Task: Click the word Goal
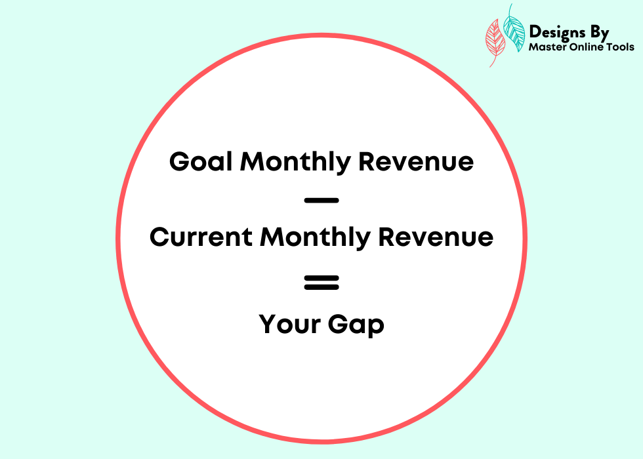[201, 161]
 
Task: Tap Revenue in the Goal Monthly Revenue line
[416, 161]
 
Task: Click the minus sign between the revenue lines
[321, 201]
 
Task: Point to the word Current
[201, 237]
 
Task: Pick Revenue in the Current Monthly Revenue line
[436, 237]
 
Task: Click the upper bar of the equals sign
[321, 278]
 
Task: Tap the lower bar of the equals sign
[321, 287]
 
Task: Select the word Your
[289, 324]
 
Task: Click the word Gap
[356, 325]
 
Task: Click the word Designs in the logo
[557, 32]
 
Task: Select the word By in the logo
[600, 33]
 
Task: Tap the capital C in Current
[159, 237]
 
